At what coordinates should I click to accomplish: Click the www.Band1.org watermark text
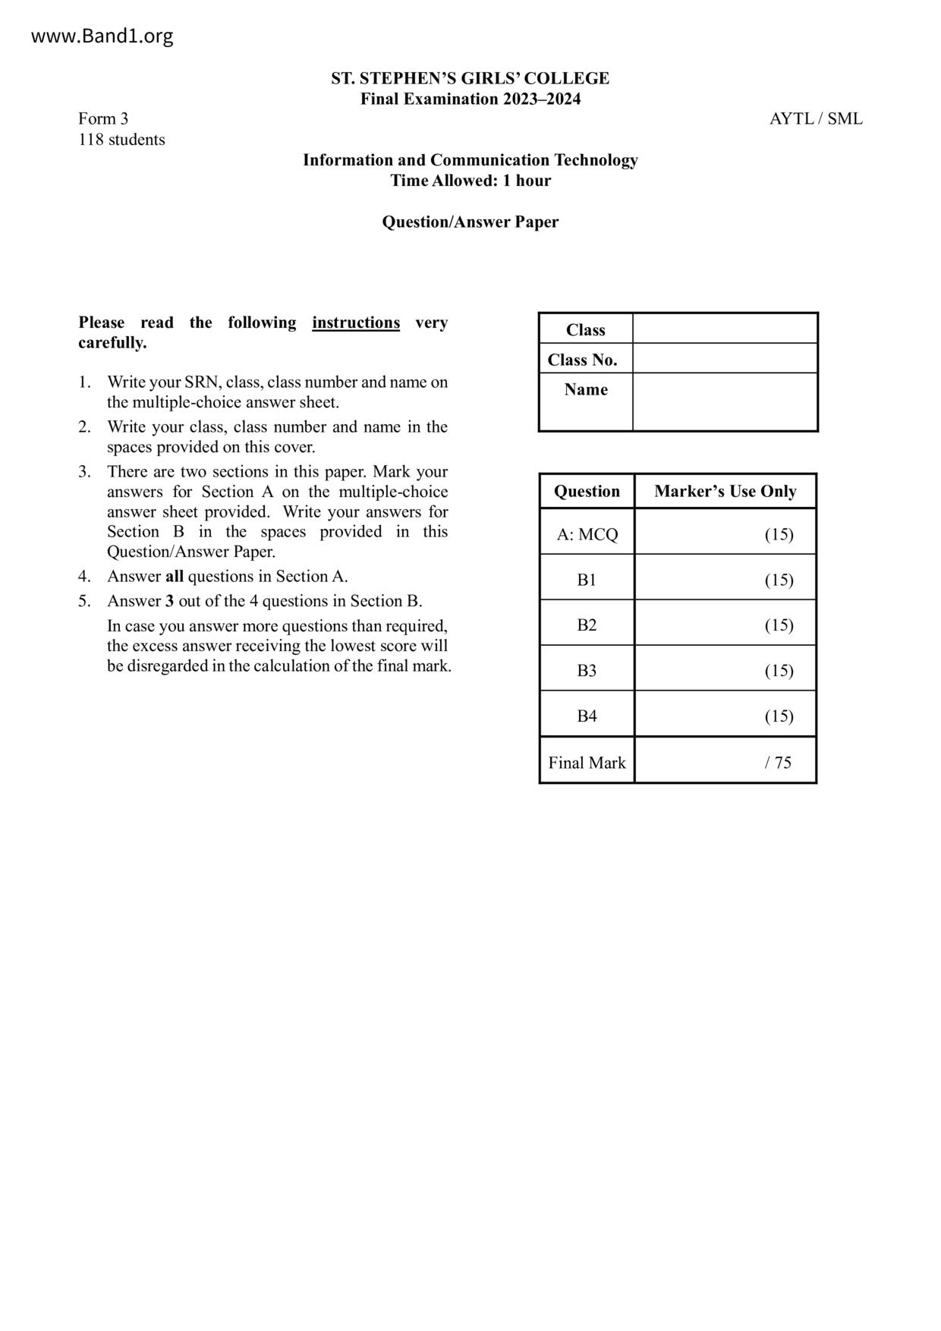(102, 36)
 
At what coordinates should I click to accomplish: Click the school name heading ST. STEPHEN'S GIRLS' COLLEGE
(470, 78)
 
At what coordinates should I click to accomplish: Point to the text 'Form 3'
(103, 119)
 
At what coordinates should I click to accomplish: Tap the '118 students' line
(121, 140)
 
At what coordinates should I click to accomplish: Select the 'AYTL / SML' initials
(816, 119)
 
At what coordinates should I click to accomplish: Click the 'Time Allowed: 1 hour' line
(470, 181)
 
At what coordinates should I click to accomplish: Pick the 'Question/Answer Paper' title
(470, 222)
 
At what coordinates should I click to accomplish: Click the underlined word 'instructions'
(356, 323)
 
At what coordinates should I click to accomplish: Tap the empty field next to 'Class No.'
(725, 359)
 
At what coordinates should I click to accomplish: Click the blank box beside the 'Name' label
(725, 402)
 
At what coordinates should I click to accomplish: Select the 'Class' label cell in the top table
(586, 330)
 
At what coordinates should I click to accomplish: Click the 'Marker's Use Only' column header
(725, 492)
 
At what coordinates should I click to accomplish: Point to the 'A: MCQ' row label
(587, 534)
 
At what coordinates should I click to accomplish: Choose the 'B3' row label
(587, 671)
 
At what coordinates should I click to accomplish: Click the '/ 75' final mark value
(779, 763)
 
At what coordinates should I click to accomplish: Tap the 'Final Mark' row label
(587, 763)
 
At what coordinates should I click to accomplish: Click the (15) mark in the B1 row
(779, 581)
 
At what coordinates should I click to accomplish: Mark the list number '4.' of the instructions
(84, 577)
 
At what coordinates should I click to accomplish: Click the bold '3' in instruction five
(170, 602)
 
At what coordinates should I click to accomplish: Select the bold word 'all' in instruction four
(175, 577)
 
